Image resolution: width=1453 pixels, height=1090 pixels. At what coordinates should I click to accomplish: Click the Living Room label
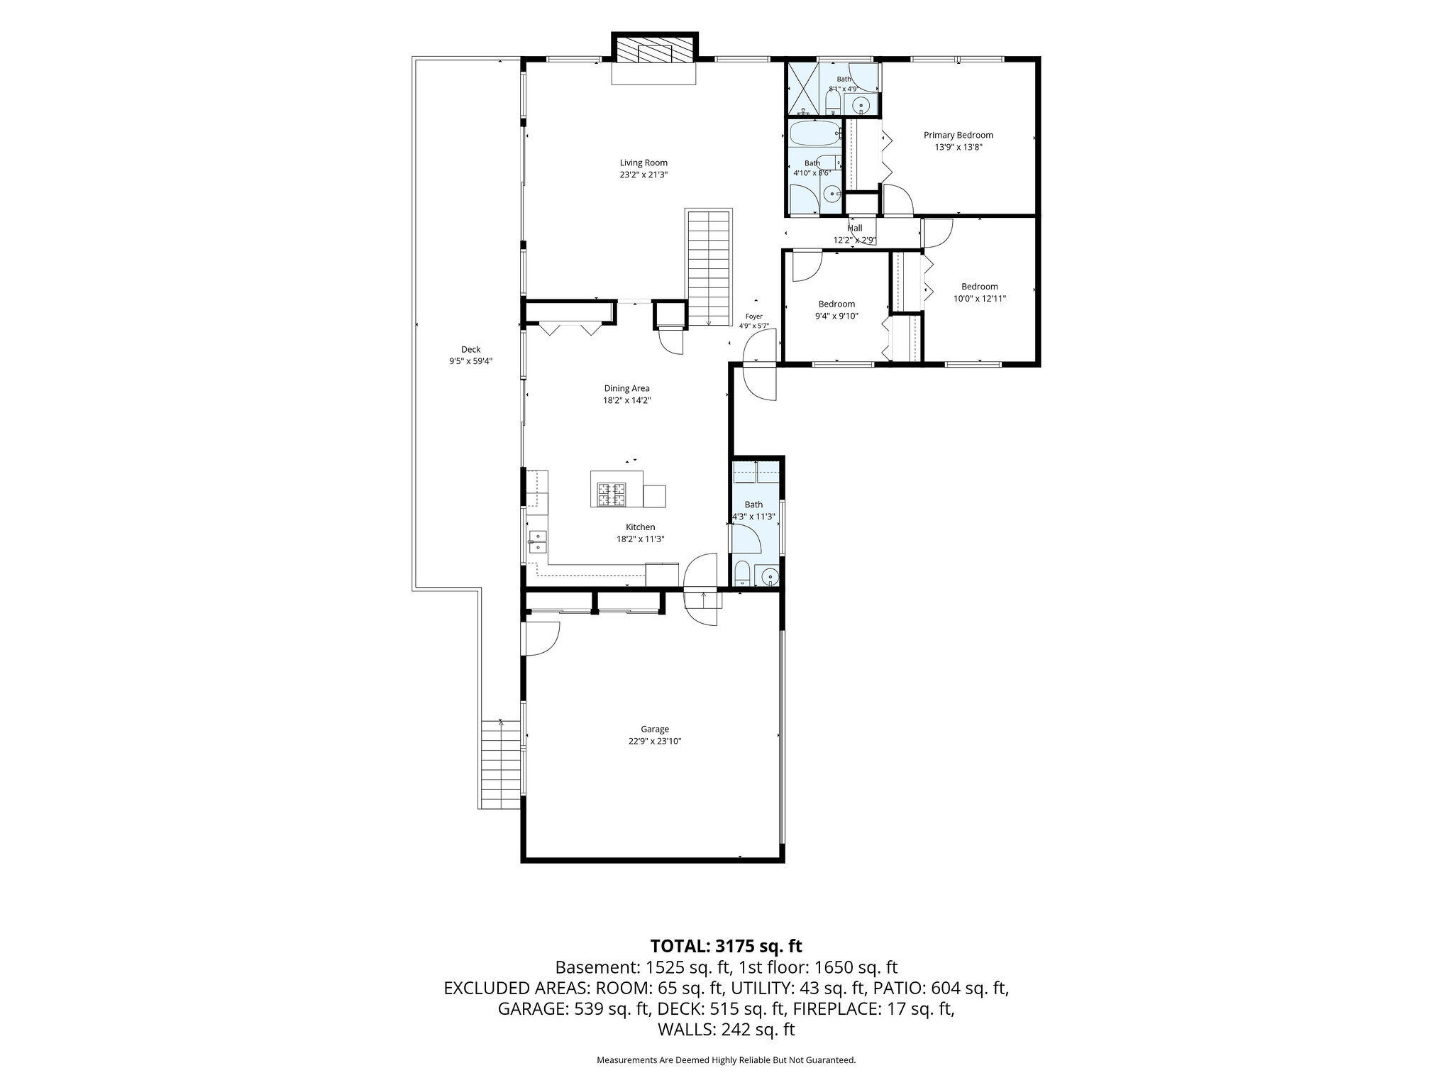point(643,163)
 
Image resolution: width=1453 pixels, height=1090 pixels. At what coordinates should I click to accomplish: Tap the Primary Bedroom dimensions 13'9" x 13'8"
point(958,147)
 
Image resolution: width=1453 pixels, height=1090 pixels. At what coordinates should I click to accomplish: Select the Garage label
point(655,729)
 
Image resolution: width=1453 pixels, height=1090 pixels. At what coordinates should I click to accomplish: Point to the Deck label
point(471,349)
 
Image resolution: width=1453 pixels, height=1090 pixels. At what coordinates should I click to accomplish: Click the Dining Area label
point(626,388)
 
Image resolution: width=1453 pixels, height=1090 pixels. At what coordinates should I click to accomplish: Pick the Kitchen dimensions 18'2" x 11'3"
point(640,539)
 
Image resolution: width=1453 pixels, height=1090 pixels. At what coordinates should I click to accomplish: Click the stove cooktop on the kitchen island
point(612,494)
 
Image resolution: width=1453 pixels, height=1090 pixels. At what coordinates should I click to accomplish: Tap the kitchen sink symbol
point(537,541)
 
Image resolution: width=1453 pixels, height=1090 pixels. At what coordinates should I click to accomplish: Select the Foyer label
point(753,316)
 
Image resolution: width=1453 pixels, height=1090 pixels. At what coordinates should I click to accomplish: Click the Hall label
point(855,228)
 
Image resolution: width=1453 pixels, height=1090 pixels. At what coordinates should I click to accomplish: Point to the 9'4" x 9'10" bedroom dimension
point(836,316)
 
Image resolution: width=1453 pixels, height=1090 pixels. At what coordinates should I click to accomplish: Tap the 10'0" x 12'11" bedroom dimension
point(980,299)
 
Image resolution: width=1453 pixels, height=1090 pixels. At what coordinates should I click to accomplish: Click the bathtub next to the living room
point(815,132)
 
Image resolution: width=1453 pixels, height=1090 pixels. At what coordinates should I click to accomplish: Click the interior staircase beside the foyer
point(708,268)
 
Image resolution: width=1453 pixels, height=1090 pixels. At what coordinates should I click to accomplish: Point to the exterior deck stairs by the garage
point(501,764)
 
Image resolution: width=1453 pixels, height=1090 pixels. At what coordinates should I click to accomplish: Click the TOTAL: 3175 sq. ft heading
point(726,946)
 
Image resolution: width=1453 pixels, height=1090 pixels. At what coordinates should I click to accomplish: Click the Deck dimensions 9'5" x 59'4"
point(471,361)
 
